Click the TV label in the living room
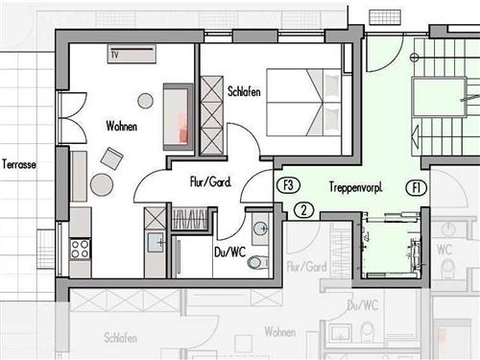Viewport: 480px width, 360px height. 114,55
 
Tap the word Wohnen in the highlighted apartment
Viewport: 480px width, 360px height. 122,126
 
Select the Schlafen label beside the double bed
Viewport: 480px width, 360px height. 244,91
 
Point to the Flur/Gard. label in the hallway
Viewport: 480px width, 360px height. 210,182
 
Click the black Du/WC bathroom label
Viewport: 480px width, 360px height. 230,252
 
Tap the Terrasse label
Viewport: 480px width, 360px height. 19,164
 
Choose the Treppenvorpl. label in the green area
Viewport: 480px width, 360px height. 356,187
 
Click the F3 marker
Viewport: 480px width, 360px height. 288,185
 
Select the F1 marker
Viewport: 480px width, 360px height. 417,187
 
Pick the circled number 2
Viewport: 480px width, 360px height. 303,210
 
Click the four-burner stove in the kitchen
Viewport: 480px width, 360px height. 81,249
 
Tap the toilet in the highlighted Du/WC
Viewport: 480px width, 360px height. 257,262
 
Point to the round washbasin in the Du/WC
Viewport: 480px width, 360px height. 261,228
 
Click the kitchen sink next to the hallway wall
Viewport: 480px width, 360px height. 156,243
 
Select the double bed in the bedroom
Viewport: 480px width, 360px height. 304,103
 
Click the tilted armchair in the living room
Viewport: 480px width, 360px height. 112,158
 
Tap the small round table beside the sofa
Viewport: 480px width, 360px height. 145,101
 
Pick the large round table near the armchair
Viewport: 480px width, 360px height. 102,184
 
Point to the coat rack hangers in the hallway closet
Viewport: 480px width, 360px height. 189,219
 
